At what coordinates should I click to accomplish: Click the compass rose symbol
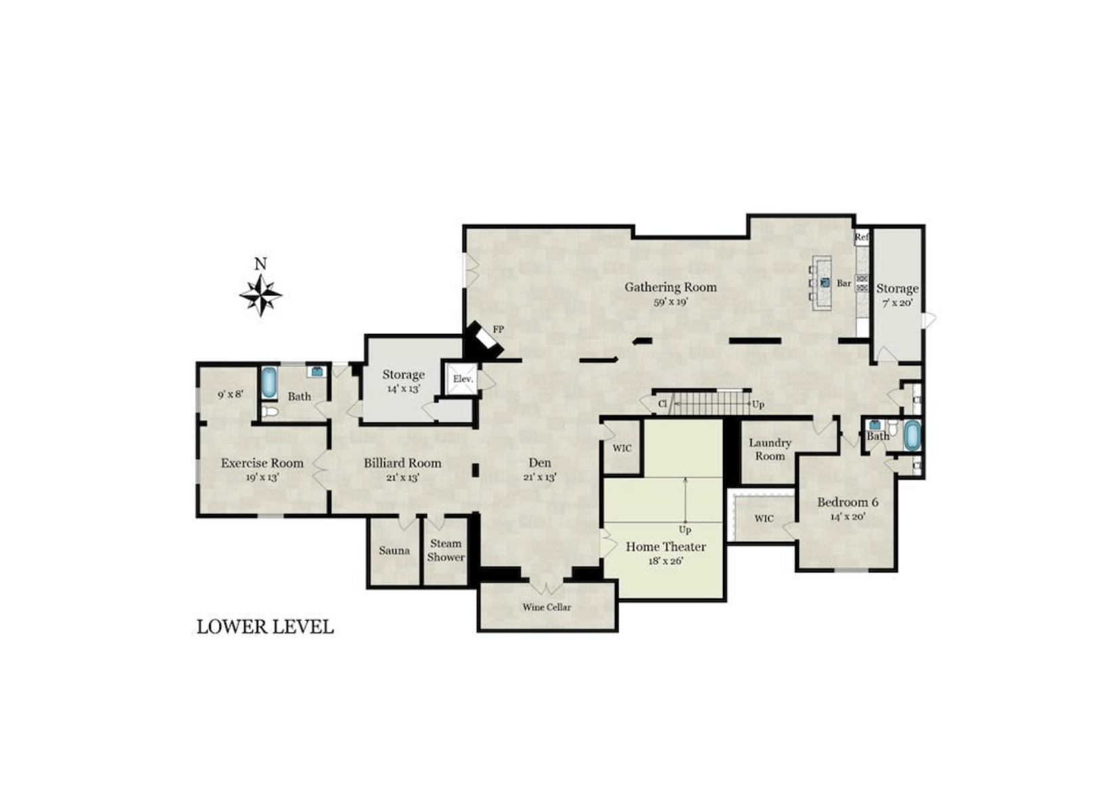point(261,295)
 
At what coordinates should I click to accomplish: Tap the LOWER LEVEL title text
point(265,627)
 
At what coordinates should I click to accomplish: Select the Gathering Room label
point(670,287)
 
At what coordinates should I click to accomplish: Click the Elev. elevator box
point(463,379)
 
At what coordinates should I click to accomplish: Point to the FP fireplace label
point(498,329)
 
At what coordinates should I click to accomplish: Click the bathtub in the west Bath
point(269,383)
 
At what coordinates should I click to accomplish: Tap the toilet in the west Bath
point(270,412)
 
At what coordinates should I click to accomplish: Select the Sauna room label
point(394,551)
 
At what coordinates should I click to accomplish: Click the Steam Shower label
point(446,550)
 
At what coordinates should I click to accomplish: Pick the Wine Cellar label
point(547,607)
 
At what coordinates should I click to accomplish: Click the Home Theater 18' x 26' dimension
point(666,561)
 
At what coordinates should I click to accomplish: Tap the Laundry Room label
point(770,449)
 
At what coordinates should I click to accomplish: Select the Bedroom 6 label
point(848,503)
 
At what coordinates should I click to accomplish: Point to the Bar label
point(844,283)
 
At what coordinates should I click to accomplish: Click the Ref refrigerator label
point(862,237)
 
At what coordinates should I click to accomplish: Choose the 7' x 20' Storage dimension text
point(897,303)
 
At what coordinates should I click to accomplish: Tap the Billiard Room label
point(402,463)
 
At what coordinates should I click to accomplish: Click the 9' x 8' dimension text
point(230,394)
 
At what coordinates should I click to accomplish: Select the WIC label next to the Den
point(622,448)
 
